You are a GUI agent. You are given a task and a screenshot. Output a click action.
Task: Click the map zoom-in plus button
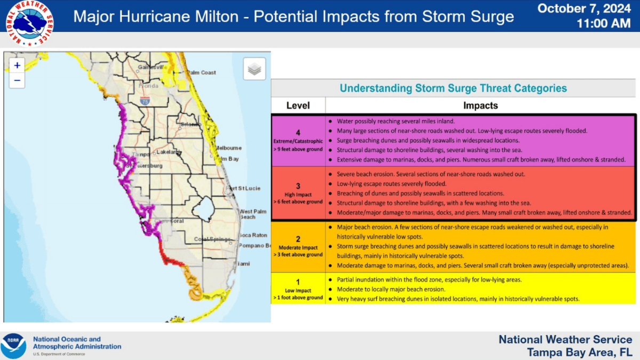pyautogui.click(x=17, y=66)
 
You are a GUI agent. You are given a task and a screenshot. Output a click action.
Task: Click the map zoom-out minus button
pyautogui.click(x=17, y=81)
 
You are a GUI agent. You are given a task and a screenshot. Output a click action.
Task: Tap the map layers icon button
pyautogui.click(x=254, y=69)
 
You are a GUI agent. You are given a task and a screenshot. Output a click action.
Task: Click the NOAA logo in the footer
pyautogui.click(x=13, y=346)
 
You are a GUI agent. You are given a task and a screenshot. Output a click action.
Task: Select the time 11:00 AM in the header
pyautogui.click(x=603, y=24)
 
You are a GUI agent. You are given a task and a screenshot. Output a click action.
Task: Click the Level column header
pyautogui.click(x=298, y=106)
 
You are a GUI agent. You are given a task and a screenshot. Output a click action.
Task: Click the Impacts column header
pyautogui.click(x=480, y=106)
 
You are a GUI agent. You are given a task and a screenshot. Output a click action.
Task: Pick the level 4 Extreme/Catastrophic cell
pyautogui.click(x=298, y=141)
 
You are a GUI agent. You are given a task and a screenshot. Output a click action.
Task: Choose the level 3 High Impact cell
pyautogui.click(x=298, y=194)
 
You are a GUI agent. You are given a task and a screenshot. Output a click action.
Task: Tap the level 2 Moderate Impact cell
pyautogui.click(x=298, y=246)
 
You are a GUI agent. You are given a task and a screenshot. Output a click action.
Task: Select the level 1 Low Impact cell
pyautogui.click(x=298, y=288)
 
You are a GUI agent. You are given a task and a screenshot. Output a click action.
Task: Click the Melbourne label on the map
pyautogui.click(x=228, y=148)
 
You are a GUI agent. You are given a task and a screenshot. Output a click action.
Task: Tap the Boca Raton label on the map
pyautogui.click(x=253, y=235)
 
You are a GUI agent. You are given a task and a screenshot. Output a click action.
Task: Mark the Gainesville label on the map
pyautogui.click(x=149, y=68)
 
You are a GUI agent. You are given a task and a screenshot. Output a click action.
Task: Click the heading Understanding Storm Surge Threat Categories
pyautogui.click(x=453, y=89)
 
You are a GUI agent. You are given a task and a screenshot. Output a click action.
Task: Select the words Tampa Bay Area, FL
pyautogui.click(x=580, y=352)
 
